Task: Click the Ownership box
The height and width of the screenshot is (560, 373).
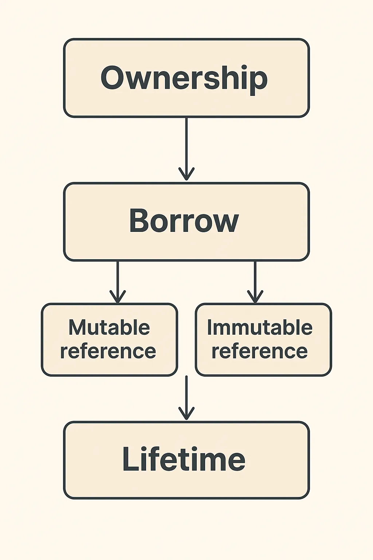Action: pyautogui.click(x=186, y=78)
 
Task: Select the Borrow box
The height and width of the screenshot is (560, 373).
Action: pyautogui.click(x=186, y=222)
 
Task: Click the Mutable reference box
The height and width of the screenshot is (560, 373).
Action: pyautogui.click(x=109, y=339)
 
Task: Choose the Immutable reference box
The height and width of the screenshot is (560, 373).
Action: pyautogui.click(x=263, y=339)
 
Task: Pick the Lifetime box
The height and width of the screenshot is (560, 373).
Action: pyautogui.click(x=186, y=460)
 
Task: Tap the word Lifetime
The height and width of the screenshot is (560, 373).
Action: pyautogui.click(x=184, y=459)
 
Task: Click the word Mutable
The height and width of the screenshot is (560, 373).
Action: pyautogui.click(x=109, y=327)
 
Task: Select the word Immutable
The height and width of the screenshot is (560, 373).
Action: pyautogui.click(x=260, y=327)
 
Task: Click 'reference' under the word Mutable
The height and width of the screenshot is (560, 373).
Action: pyautogui.click(x=108, y=351)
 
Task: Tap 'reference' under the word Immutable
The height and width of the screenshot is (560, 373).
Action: pyautogui.click(x=260, y=351)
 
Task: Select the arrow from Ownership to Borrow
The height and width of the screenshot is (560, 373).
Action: pyautogui.click(x=186, y=149)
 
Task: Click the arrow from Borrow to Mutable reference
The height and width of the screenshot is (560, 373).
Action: pyautogui.click(x=118, y=282)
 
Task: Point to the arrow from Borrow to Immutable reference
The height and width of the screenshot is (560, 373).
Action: pyautogui.click(x=255, y=282)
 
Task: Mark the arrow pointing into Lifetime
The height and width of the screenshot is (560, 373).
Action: pyautogui.click(x=186, y=398)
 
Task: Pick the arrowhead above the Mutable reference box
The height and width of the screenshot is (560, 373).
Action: pyautogui.click(x=118, y=297)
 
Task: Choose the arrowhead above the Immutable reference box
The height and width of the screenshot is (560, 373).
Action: pyautogui.click(x=255, y=297)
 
